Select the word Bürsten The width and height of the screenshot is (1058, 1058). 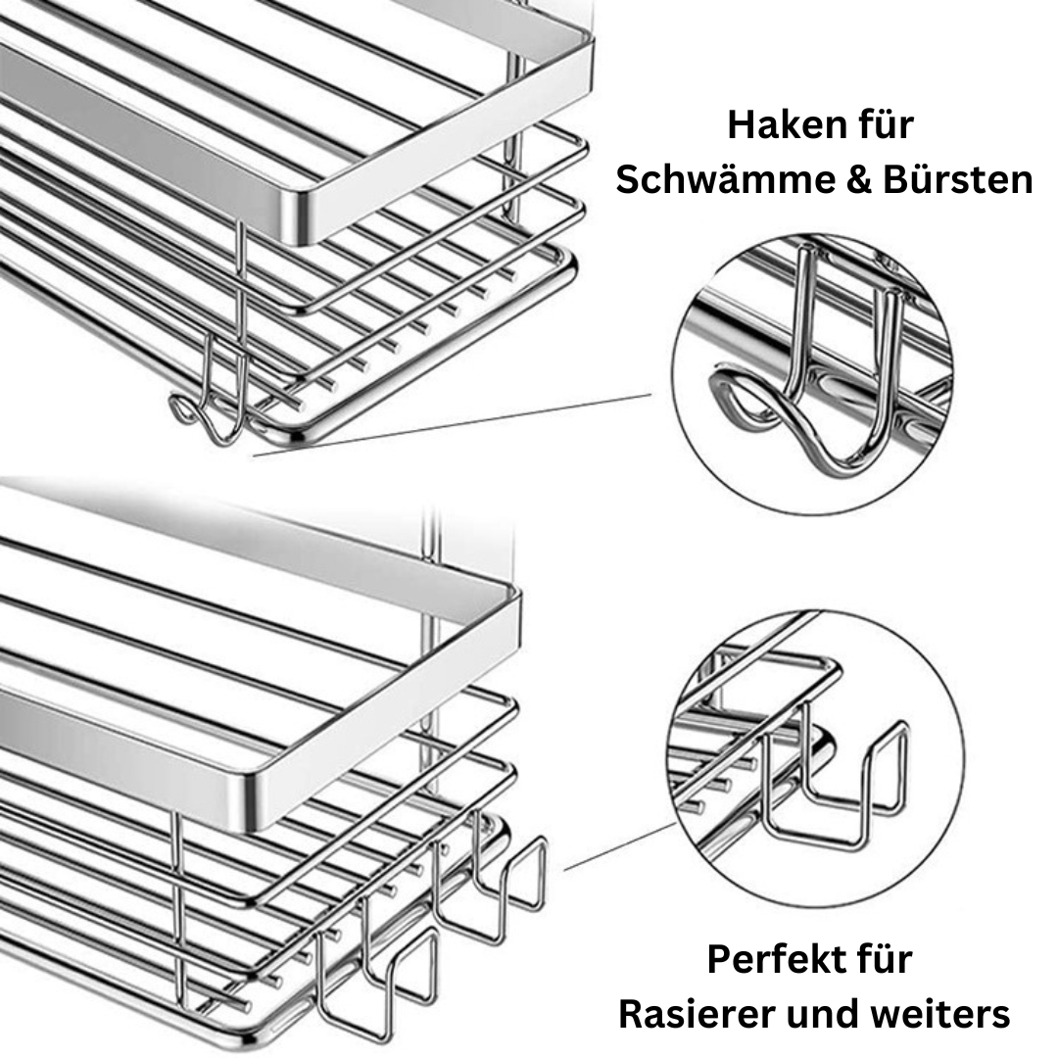click(x=958, y=180)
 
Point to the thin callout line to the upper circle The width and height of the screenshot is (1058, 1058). click(x=452, y=425)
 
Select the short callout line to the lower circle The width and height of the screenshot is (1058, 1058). click(x=620, y=846)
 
